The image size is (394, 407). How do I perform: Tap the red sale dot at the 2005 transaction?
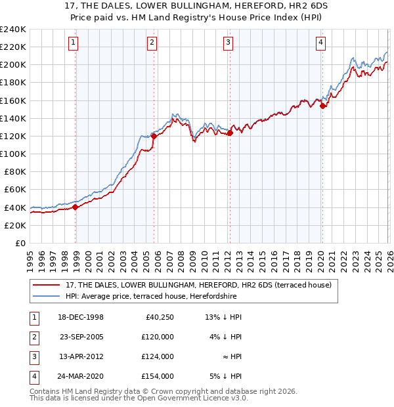click(x=154, y=137)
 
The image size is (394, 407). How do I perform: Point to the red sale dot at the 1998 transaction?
click(x=76, y=207)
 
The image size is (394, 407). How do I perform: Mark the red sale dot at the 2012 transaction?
click(x=230, y=133)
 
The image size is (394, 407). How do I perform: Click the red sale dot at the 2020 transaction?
click(x=322, y=106)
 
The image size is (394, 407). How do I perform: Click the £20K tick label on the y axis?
click(x=15, y=225)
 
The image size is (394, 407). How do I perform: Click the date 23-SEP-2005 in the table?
click(x=81, y=337)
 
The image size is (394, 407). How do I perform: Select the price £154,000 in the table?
click(x=158, y=376)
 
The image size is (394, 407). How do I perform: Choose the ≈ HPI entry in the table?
click(x=233, y=356)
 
